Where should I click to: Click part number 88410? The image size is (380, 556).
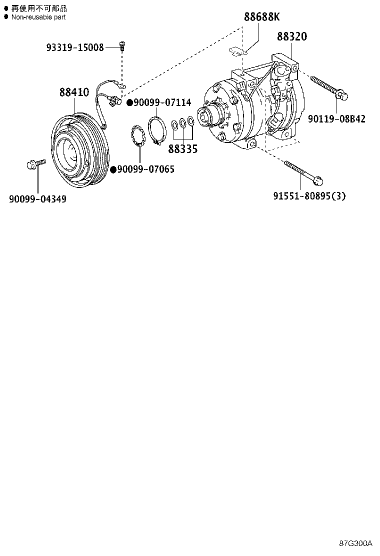[x=74, y=92]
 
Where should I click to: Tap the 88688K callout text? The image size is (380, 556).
[x=262, y=17]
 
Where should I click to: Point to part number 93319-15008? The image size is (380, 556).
[x=75, y=47]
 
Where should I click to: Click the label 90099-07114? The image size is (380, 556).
[x=162, y=103]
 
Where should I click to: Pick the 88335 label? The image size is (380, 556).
[x=182, y=148]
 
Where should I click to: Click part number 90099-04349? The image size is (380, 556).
[x=37, y=199]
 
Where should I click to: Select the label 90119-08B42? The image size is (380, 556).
[x=336, y=119]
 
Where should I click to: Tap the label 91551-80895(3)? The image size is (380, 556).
[x=309, y=196]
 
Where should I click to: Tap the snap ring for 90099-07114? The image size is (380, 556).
[x=156, y=131]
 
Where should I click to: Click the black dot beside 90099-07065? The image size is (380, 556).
[x=113, y=169]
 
